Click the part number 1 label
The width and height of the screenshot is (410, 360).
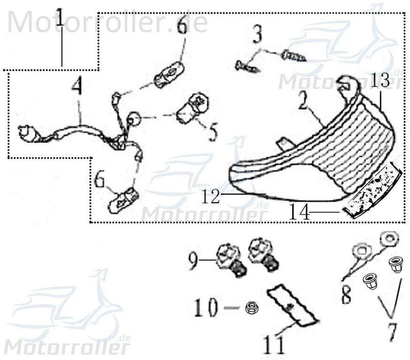click(x=60, y=19)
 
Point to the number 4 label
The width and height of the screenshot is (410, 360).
click(x=76, y=87)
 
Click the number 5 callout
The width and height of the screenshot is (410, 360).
click(x=213, y=132)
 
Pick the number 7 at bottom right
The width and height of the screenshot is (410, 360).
click(x=392, y=332)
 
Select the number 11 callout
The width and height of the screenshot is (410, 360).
click(x=273, y=345)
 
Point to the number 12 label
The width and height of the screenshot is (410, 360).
click(x=211, y=196)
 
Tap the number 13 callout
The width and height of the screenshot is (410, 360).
click(x=380, y=81)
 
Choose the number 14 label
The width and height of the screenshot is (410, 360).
click(x=299, y=213)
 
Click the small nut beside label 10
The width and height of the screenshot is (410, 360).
click(x=251, y=308)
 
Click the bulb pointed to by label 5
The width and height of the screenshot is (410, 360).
click(x=192, y=107)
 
